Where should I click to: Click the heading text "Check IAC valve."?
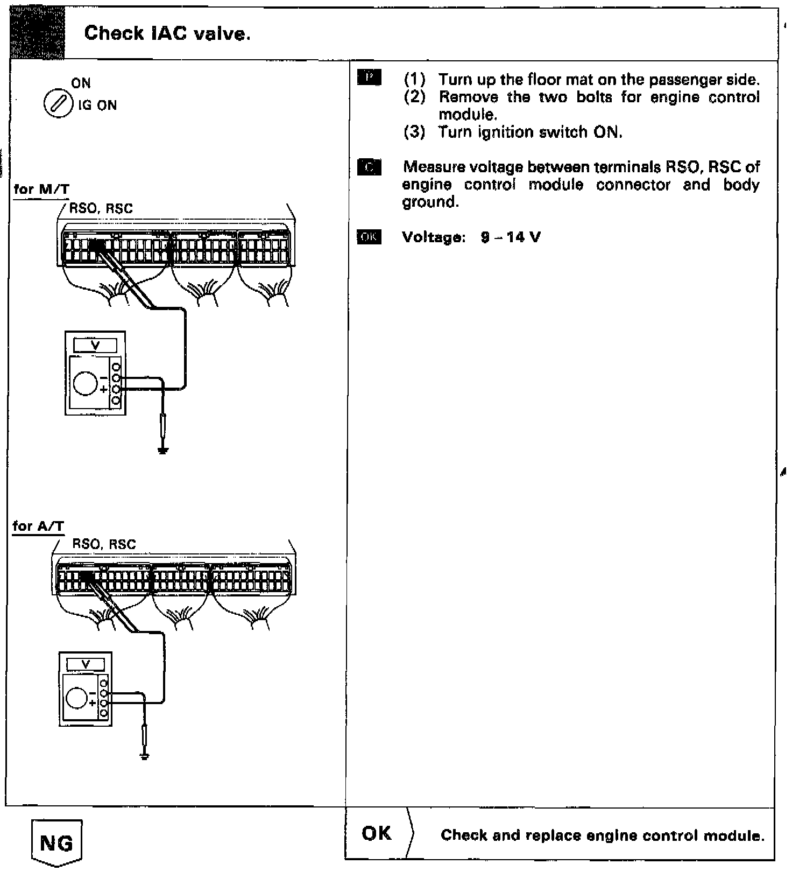click(x=167, y=34)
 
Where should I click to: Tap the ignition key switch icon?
click(x=58, y=104)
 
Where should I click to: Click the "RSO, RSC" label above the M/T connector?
click(x=101, y=209)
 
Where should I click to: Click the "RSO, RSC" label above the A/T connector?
click(x=104, y=544)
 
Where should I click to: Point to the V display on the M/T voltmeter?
click(x=95, y=345)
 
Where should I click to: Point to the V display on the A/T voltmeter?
click(x=85, y=664)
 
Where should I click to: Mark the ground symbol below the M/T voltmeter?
click(x=163, y=450)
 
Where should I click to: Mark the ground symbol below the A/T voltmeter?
click(x=144, y=756)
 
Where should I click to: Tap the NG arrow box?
click(x=56, y=842)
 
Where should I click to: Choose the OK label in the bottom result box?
click(x=377, y=833)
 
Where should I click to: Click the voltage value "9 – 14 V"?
click(x=511, y=237)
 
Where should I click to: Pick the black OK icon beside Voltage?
click(x=369, y=237)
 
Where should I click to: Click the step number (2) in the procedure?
click(x=415, y=97)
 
